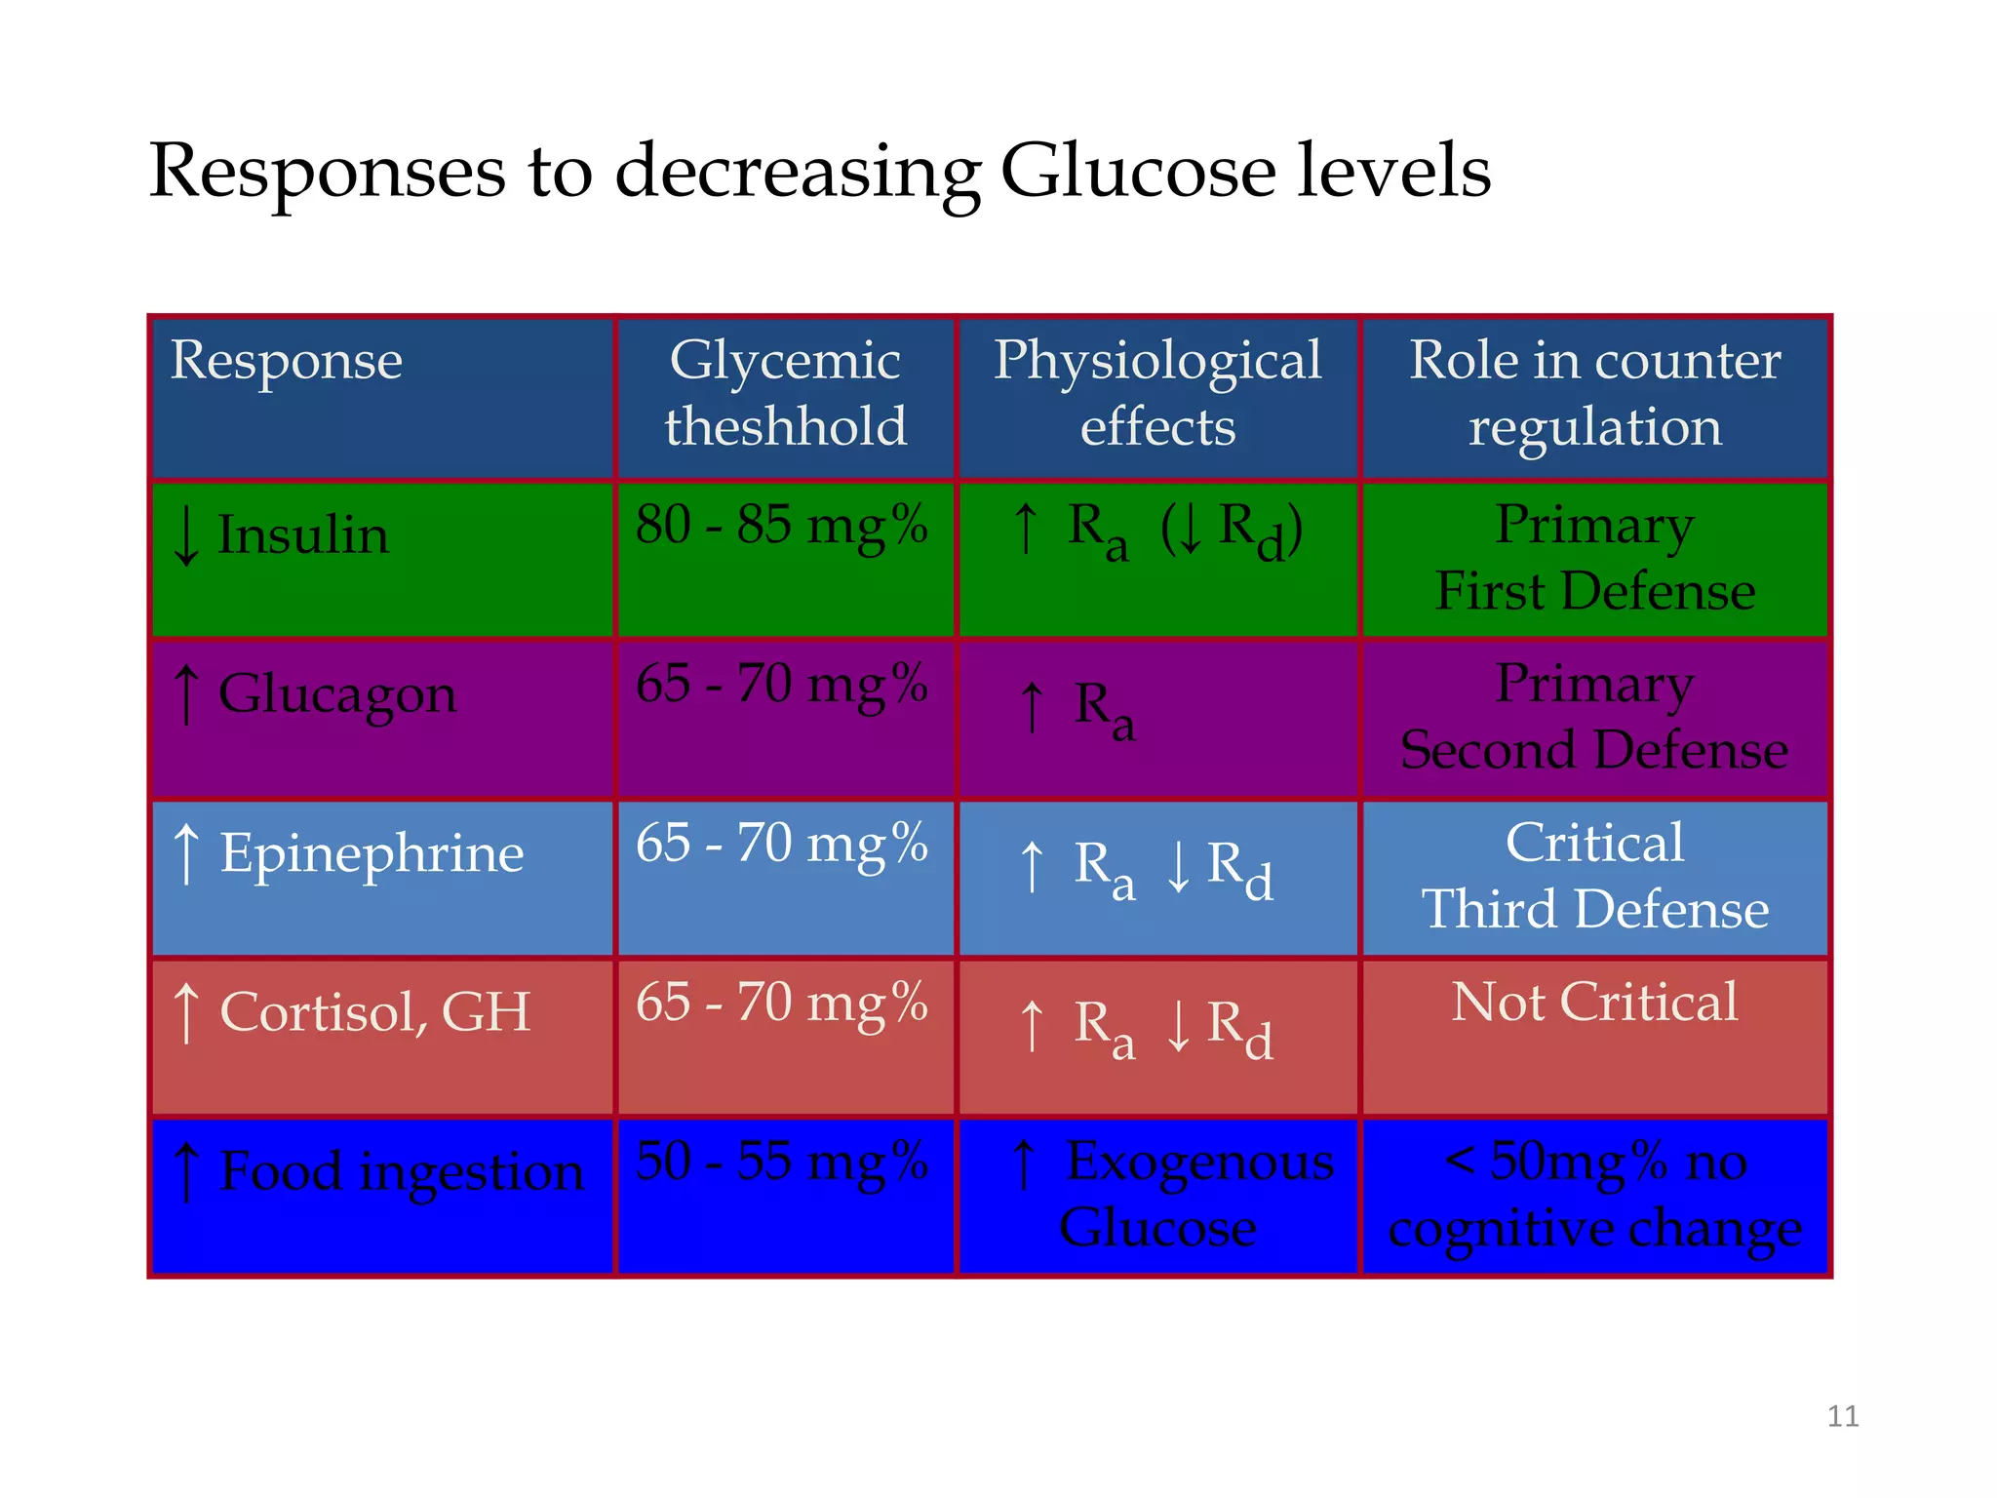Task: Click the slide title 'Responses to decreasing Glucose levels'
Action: pos(819,171)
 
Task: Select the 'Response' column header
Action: pos(286,361)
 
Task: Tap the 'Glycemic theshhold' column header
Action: pos(785,393)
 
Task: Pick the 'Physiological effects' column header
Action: pos(1157,393)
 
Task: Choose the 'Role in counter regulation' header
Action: pos(1594,393)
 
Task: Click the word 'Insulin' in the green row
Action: pos(302,535)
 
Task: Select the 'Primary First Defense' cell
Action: pos(1594,558)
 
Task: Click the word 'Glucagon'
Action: pos(336,694)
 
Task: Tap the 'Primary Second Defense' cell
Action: pos(1594,717)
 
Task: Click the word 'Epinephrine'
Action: pos(372,853)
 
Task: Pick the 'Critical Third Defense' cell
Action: pos(1594,876)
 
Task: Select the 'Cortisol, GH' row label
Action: pos(374,1011)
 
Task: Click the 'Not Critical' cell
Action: pos(1594,1002)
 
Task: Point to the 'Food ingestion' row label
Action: pos(401,1170)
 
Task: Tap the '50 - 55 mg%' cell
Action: pos(781,1161)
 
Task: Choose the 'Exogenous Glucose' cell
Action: pos(1170,1194)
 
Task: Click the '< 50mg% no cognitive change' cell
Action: pos(1594,1194)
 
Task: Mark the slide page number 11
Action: pos(1842,1416)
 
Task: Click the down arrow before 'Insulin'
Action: pos(185,536)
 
